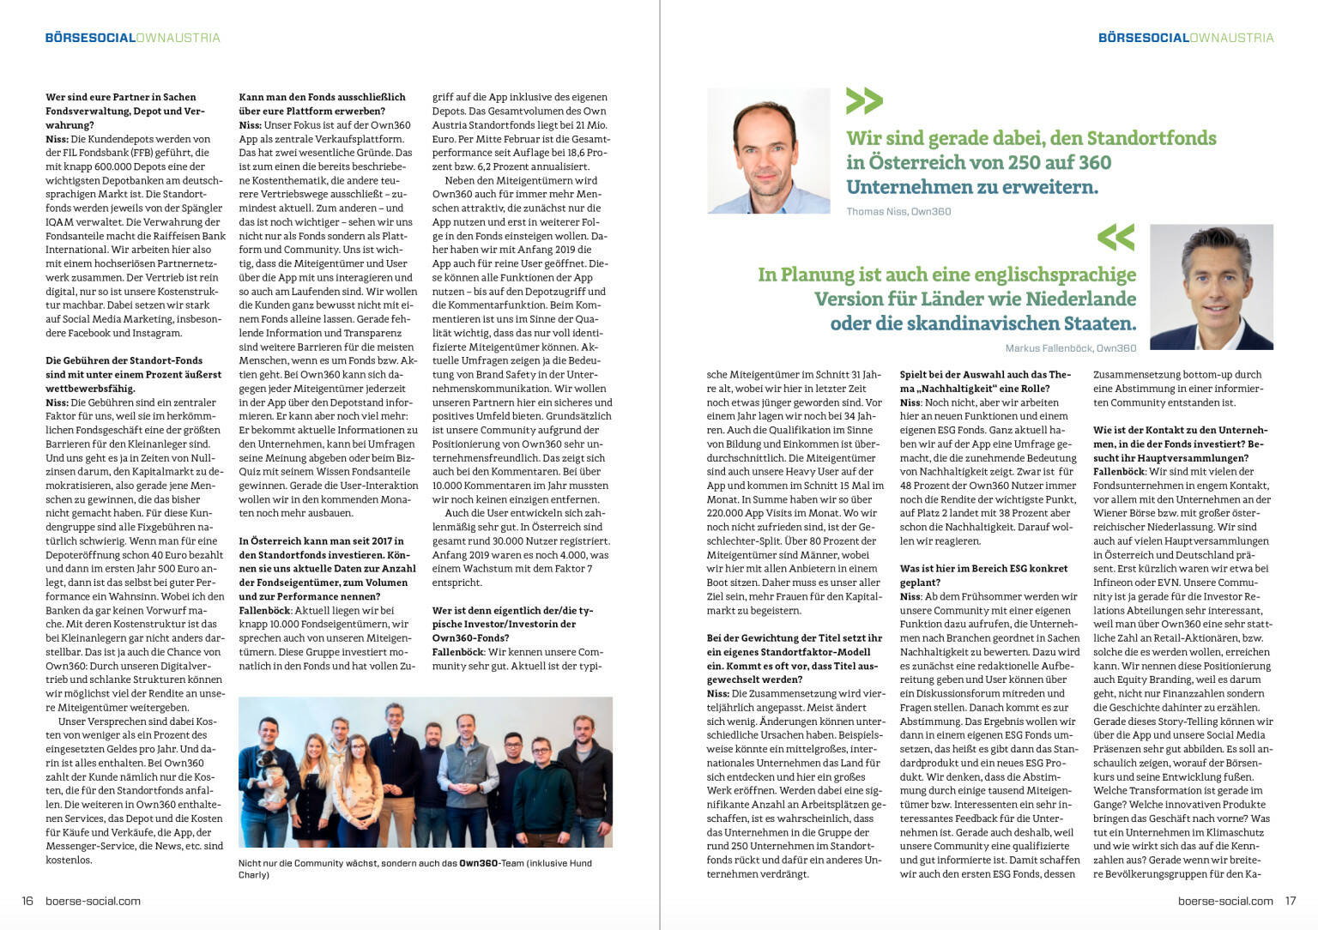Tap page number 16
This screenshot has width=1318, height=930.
point(27,901)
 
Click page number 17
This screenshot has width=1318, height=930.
point(1290,901)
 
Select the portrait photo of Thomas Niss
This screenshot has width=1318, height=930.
point(768,151)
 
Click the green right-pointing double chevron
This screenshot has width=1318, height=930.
point(863,101)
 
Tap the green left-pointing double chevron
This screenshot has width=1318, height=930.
point(1115,238)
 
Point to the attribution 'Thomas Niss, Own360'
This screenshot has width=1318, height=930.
point(898,212)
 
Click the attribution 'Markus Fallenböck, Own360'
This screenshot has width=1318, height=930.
point(1070,348)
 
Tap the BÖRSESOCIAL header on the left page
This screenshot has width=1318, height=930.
point(90,38)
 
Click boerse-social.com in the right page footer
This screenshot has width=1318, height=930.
point(1224,901)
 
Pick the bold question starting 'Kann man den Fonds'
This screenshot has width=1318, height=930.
point(322,104)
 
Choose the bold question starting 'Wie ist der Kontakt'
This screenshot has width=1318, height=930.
point(1179,437)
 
